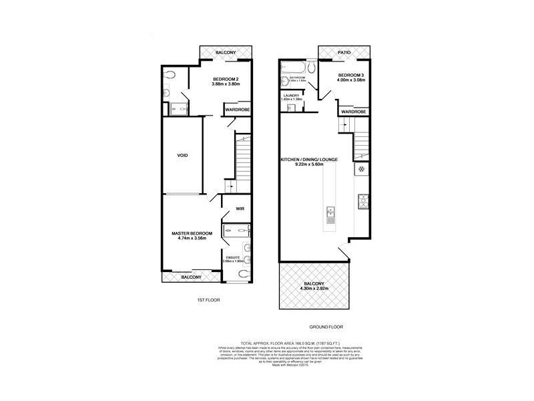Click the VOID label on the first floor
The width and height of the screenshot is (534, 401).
[182, 155]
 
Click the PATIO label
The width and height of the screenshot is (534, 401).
[344, 51]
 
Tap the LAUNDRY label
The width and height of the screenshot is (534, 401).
[292, 96]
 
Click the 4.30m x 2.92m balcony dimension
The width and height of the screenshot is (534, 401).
[312, 289]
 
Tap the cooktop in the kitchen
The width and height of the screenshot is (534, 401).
[364, 198]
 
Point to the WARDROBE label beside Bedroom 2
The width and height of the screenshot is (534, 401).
[236, 110]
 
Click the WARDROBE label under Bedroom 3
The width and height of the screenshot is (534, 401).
[354, 111]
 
